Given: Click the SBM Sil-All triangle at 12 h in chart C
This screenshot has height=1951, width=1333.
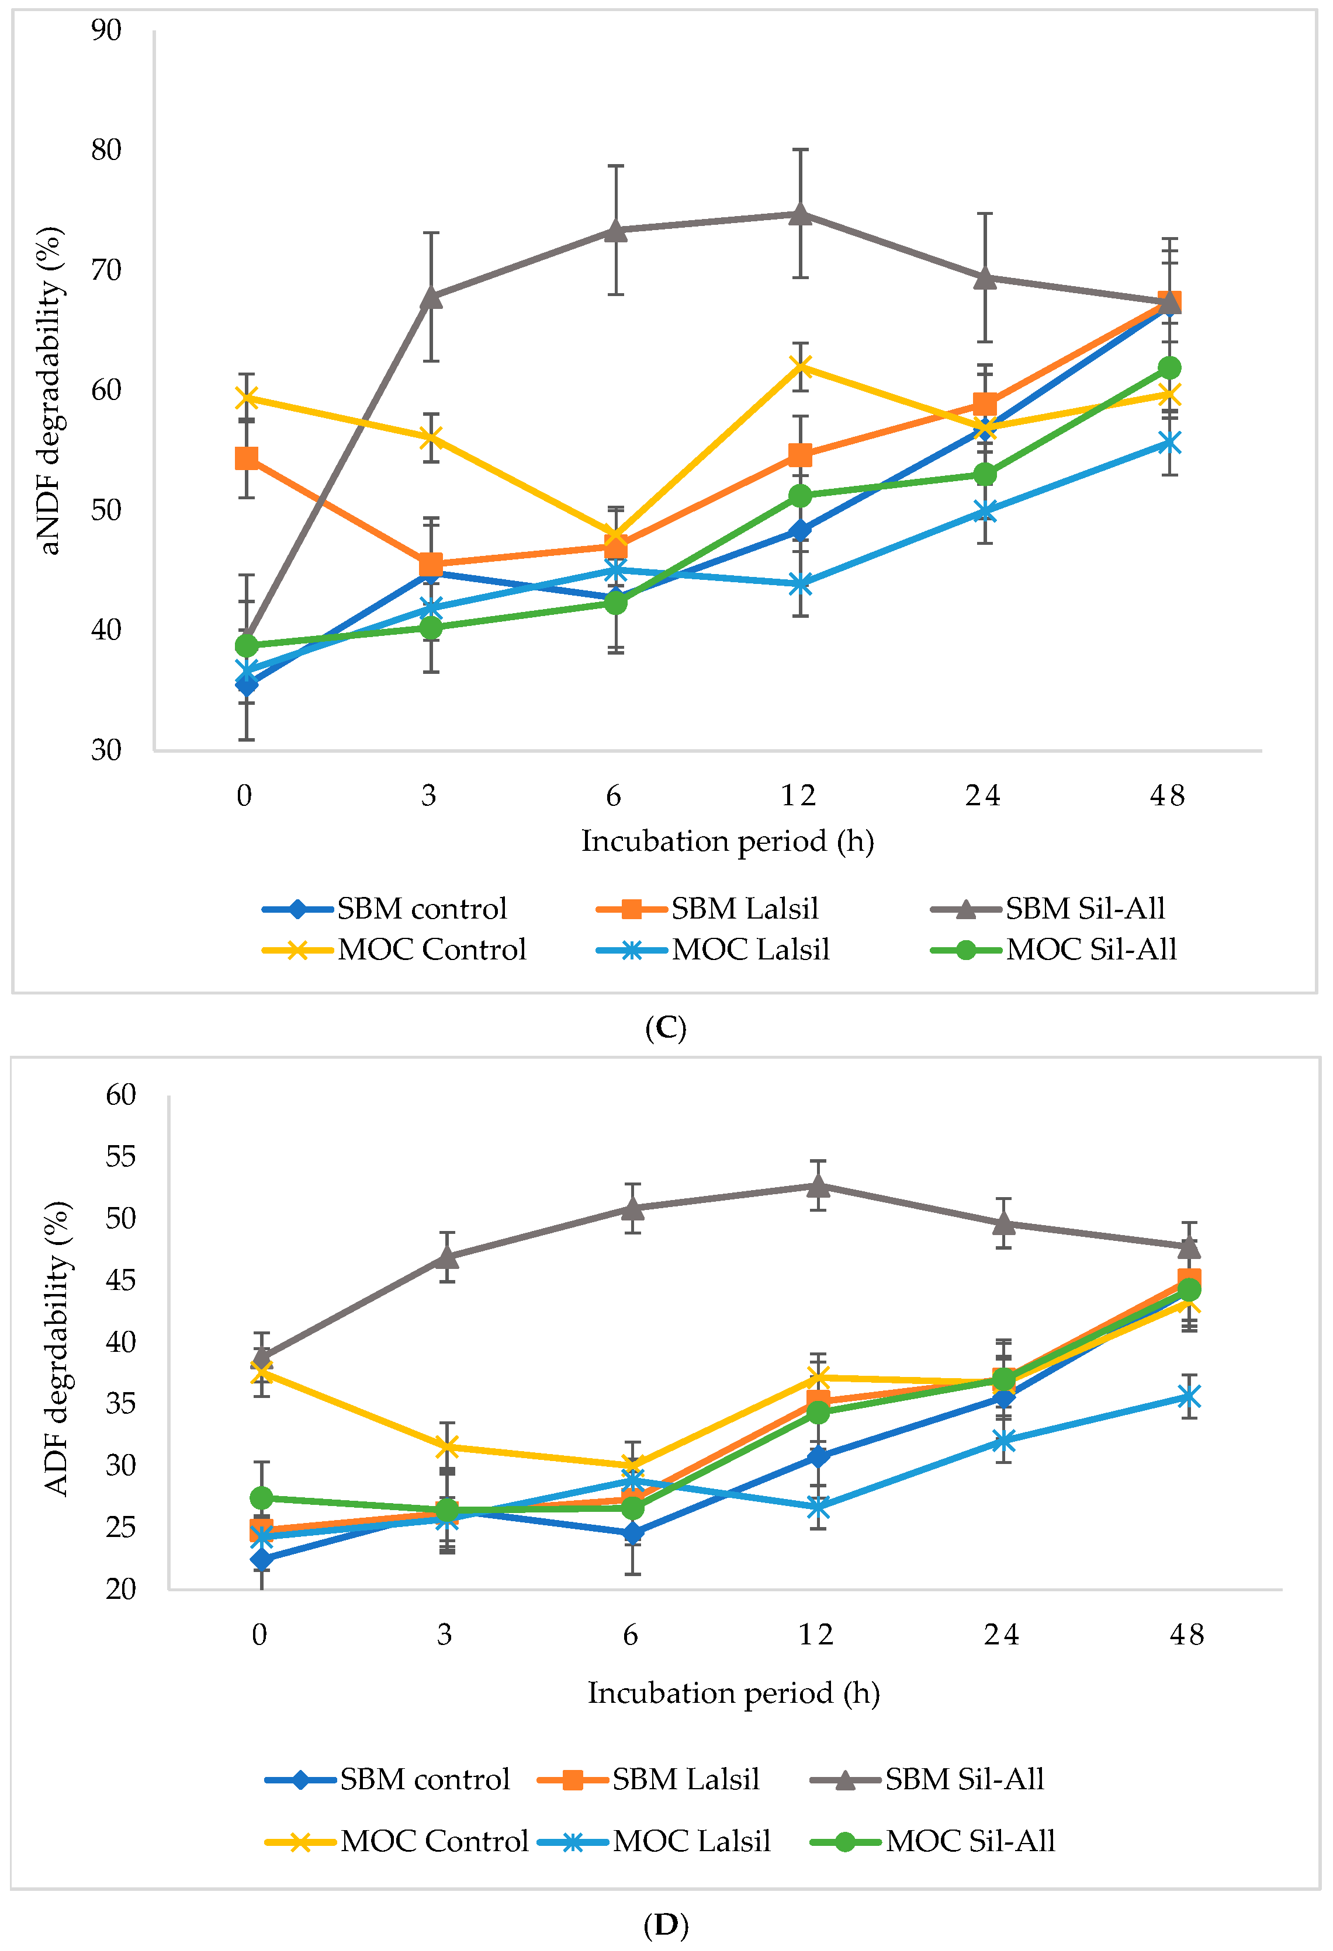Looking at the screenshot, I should pos(799,214).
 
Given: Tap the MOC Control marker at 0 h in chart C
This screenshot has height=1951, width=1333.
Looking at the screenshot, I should pos(246,397).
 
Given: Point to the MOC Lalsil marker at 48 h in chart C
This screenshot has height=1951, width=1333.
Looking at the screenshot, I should pos(1169,443).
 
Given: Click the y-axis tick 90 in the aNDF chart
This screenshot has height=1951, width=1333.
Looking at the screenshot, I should pos(107,30).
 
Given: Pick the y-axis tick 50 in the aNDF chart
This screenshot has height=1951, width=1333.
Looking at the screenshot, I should pos(107,510).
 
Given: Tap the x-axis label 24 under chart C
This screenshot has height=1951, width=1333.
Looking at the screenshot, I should pos(983,795).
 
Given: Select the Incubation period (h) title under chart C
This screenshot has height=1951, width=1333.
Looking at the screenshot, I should pos(728,841).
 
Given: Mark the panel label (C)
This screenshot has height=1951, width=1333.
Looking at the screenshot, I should pos(665,1027).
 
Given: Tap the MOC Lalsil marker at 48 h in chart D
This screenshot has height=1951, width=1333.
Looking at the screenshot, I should pos(1187,1397).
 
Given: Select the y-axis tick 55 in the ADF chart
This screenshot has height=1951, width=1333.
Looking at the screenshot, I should pos(121,1157).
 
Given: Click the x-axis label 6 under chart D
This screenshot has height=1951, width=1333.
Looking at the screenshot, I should pos(630,1635).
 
